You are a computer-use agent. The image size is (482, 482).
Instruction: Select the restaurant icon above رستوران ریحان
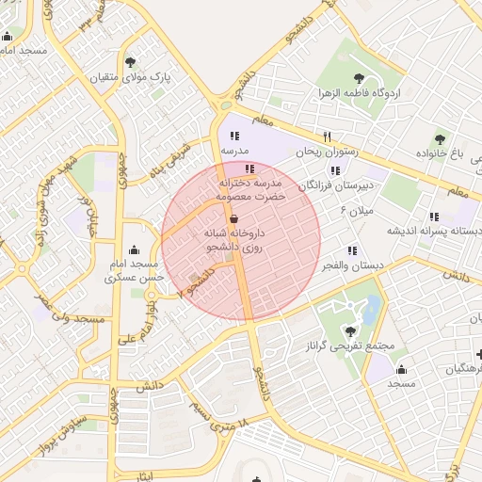click(327, 136)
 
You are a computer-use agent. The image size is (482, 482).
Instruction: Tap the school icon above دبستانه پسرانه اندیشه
click(434, 216)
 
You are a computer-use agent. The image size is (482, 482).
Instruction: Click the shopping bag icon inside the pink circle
click(233, 217)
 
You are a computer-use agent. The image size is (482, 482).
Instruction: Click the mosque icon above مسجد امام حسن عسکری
click(135, 250)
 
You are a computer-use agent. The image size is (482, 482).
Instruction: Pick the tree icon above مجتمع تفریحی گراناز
click(351, 330)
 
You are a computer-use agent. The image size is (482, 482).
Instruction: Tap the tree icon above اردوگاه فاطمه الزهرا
click(358, 78)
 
